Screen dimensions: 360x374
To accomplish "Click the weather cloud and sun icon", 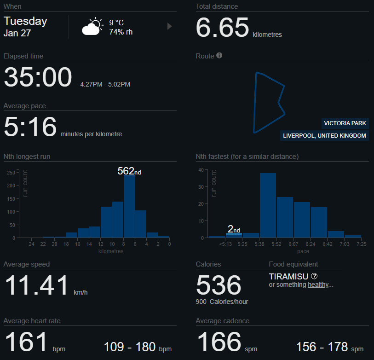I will (92, 27).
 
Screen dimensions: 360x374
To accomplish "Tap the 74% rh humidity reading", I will (121, 32).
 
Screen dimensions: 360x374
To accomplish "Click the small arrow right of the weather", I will (169, 27).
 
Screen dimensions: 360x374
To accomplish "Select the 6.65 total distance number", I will (222, 28).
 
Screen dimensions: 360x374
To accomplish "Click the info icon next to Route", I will (219, 56).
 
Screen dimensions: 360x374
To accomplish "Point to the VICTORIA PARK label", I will (345, 123).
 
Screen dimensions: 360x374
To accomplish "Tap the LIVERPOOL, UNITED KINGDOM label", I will (324, 136).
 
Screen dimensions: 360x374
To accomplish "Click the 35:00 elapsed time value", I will (38, 77).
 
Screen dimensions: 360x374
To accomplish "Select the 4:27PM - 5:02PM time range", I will (105, 84).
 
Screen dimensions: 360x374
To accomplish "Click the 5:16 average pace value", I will (30, 127).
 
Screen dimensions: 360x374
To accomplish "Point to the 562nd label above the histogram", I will (129, 171).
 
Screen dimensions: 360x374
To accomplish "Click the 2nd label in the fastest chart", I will (234, 229).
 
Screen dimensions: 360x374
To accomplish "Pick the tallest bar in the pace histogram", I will (268, 205).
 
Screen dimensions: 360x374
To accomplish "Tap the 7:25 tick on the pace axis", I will (362, 244).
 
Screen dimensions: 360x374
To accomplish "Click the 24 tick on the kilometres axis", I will (32, 244).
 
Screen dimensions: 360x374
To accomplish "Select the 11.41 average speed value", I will (37, 285).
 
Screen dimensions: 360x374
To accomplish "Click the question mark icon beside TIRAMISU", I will (314, 276).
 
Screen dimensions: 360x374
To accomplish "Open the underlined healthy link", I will (318, 285).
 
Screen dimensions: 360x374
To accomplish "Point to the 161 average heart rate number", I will (26, 342).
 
